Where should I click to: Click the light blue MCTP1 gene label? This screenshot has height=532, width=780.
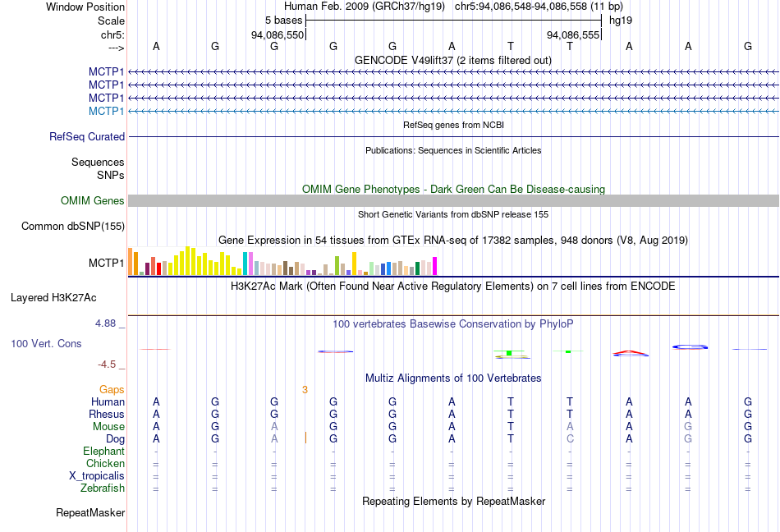[x=107, y=111]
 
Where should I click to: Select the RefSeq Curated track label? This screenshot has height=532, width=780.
[x=87, y=137]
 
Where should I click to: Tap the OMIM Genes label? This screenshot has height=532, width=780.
[x=93, y=200]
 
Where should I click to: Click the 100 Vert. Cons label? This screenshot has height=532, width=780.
[x=46, y=343]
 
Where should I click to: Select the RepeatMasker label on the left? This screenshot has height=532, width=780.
[x=90, y=513]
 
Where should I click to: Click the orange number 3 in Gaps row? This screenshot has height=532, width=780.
[x=305, y=389]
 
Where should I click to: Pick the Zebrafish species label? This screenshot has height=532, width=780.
[x=103, y=488]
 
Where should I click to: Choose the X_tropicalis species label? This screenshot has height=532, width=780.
[x=97, y=476]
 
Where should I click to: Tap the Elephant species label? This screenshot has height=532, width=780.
[x=103, y=451]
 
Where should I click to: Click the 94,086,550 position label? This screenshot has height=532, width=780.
[x=278, y=35]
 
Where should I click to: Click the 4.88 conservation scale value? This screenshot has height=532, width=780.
[x=108, y=323]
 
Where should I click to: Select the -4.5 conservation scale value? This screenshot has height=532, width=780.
[x=108, y=365]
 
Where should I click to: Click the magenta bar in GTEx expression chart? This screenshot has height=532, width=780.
[x=434, y=266]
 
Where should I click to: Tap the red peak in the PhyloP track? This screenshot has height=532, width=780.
[x=630, y=353]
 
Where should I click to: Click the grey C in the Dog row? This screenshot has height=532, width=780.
[x=570, y=438]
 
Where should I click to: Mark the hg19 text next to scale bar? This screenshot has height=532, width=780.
[x=620, y=19]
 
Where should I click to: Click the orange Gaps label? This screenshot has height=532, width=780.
[x=112, y=389]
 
